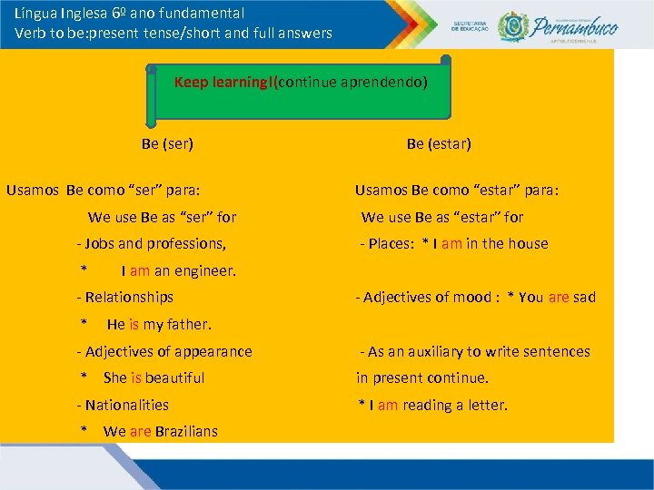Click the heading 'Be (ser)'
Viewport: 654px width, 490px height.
click(167, 143)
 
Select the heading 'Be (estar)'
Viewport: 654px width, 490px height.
click(439, 143)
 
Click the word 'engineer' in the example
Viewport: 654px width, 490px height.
click(204, 270)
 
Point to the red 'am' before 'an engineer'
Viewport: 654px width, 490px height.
click(140, 270)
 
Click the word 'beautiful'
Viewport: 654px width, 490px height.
click(174, 377)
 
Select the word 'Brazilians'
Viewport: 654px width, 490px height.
click(186, 431)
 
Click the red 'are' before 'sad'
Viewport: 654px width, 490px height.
click(559, 297)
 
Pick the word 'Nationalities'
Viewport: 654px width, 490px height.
click(126, 405)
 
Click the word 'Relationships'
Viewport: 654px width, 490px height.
click(129, 297)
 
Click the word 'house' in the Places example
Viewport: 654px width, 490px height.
click(528, 243)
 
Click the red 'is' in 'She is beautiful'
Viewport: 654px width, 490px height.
click(136, 377)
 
